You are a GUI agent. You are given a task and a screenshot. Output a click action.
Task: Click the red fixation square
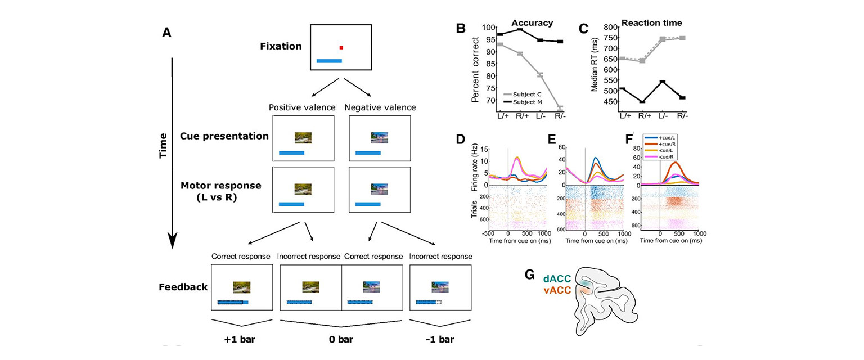(340, 48)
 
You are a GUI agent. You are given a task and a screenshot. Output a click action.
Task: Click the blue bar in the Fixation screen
(329, 61)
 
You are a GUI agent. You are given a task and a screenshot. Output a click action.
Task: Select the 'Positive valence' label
(303, 107)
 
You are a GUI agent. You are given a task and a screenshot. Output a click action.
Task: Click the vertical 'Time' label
(163, 145)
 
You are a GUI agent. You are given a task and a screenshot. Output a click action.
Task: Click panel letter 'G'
(529, 275)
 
